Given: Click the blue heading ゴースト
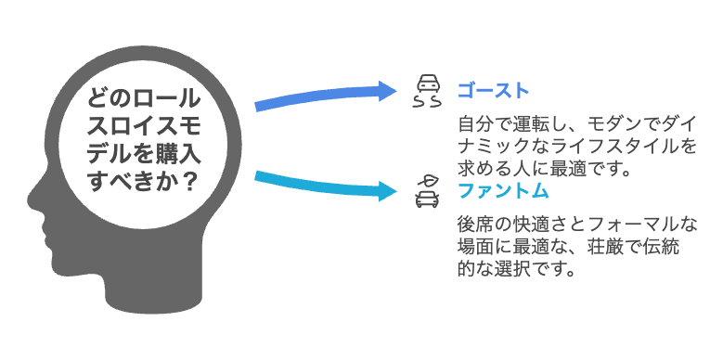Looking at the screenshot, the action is click(x=493, y=91).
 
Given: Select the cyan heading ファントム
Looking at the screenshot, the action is click(x=502, y=192).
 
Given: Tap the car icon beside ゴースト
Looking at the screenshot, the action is click(x=427, y=90).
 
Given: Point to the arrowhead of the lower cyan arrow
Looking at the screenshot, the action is click(x=387, y=191).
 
